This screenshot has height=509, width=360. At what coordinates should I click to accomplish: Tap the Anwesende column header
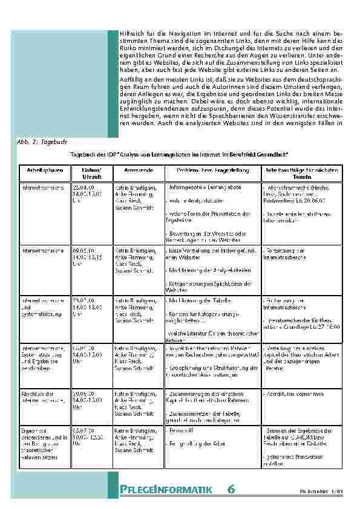[136, 170]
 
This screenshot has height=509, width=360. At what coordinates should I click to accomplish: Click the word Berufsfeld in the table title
[239, 155]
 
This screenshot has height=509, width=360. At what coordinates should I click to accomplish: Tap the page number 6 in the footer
[232, 488]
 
